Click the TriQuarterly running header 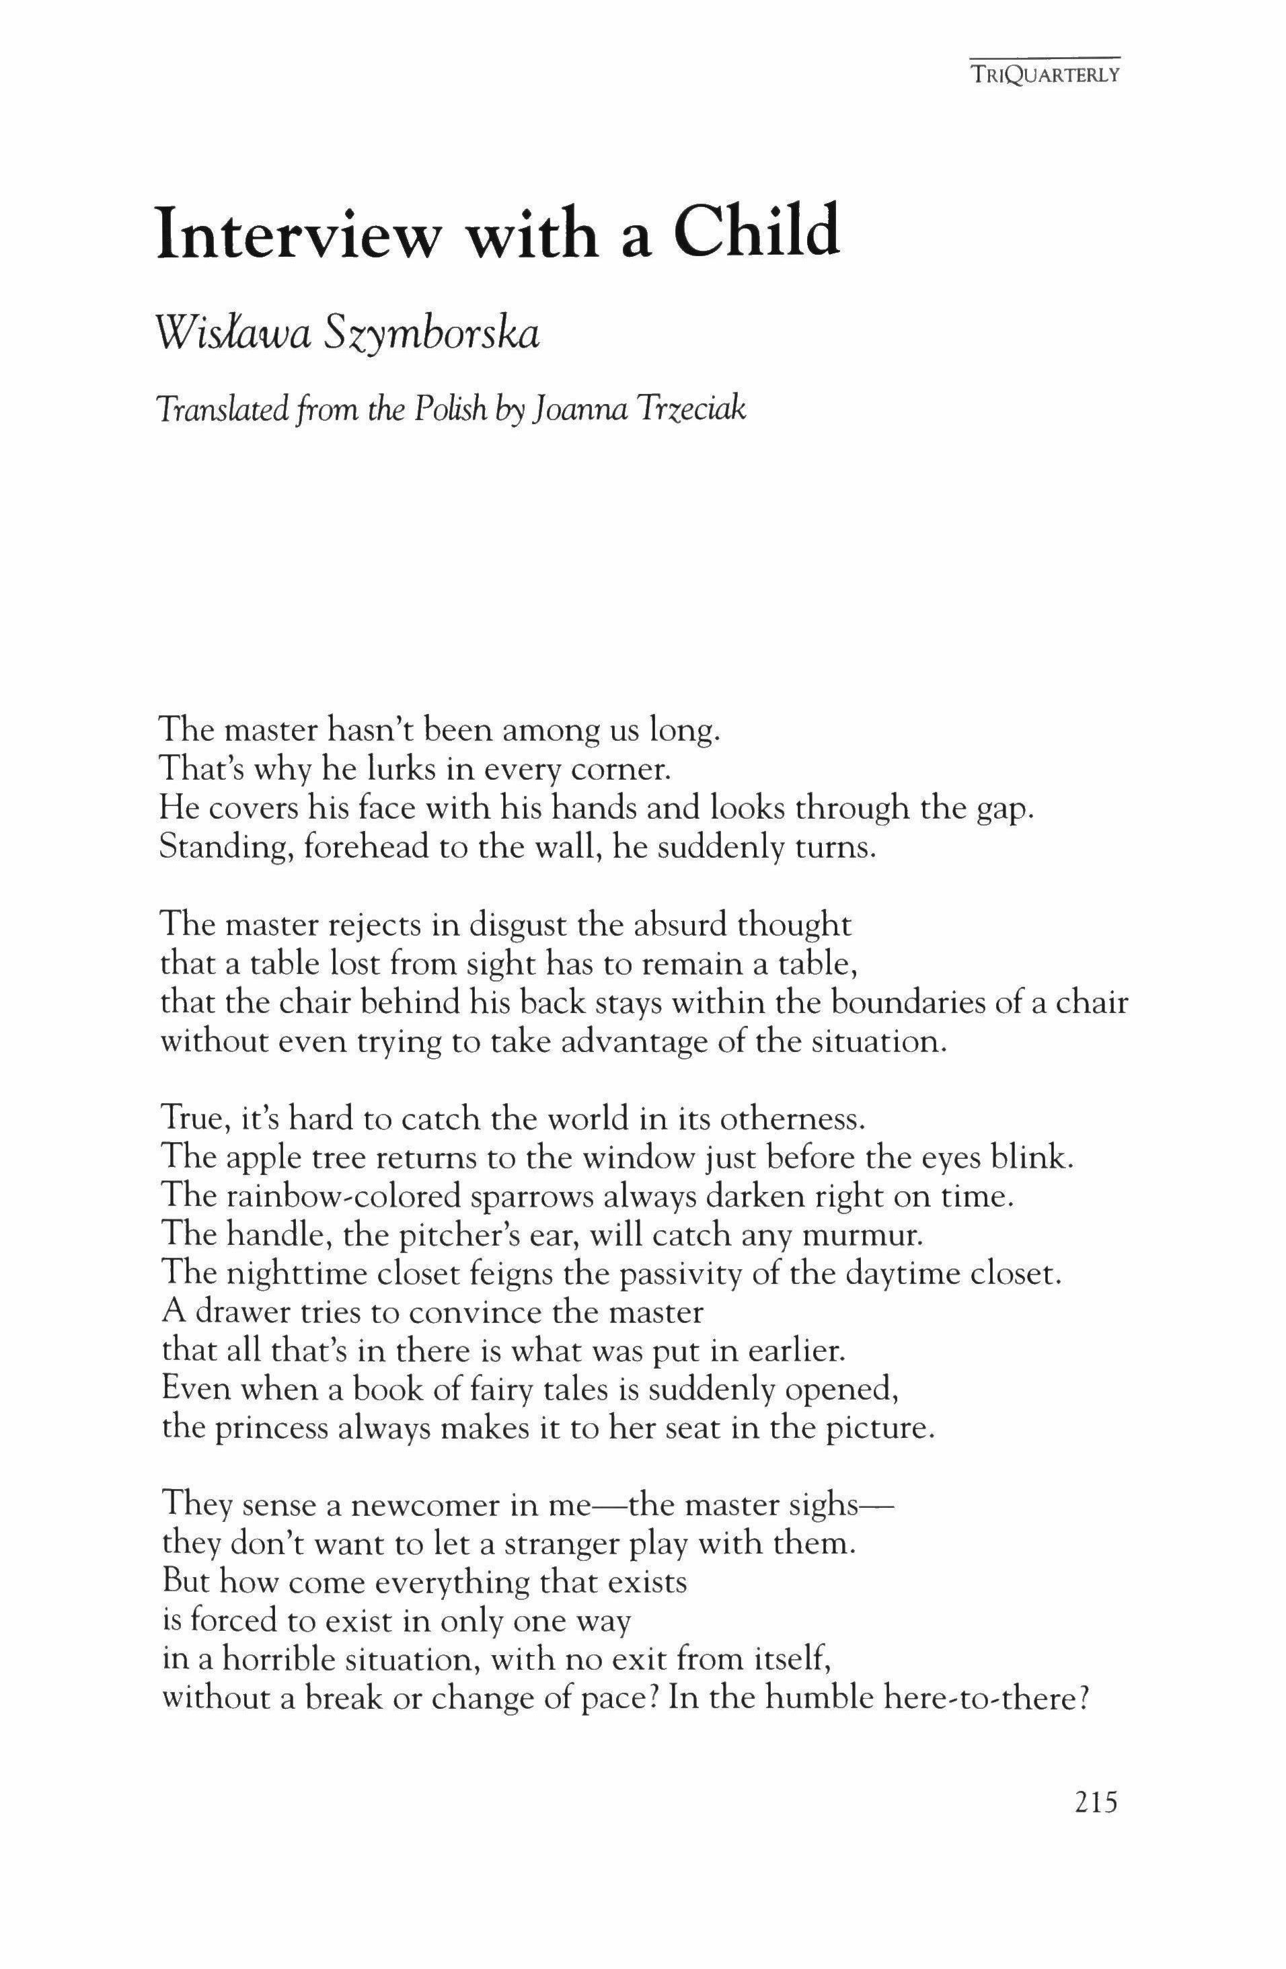1045,75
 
